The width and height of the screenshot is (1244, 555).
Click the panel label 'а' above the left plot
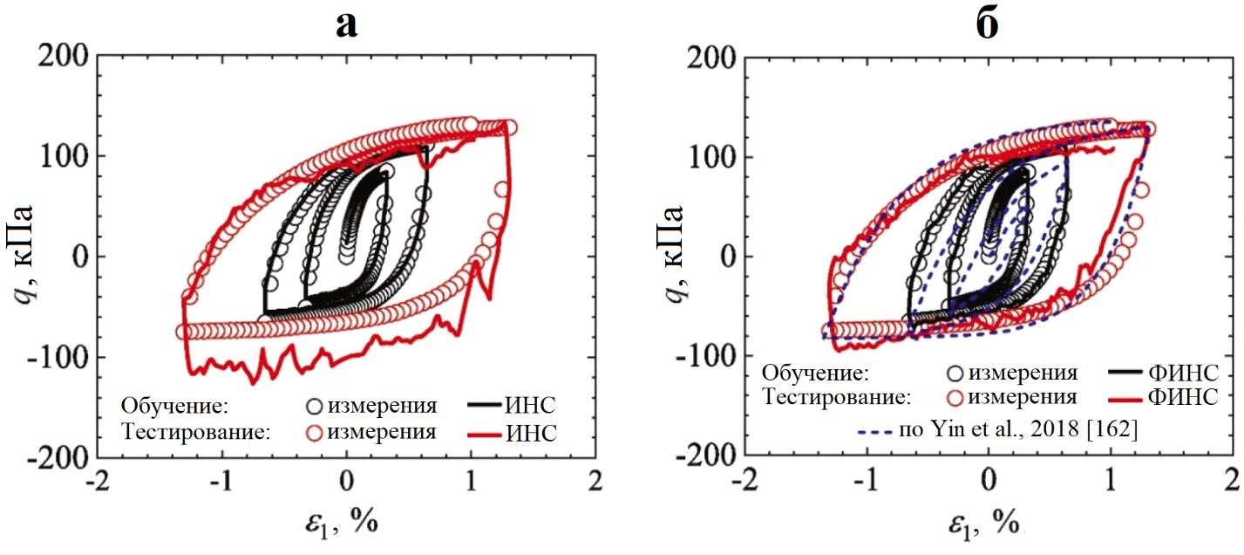(x=347, y=24)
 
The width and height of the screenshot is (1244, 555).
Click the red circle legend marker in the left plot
(x=314, y=431)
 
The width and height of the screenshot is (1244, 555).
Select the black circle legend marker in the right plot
(x=955, y=373)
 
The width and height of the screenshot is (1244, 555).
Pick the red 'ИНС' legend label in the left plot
(x=531, y=431)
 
